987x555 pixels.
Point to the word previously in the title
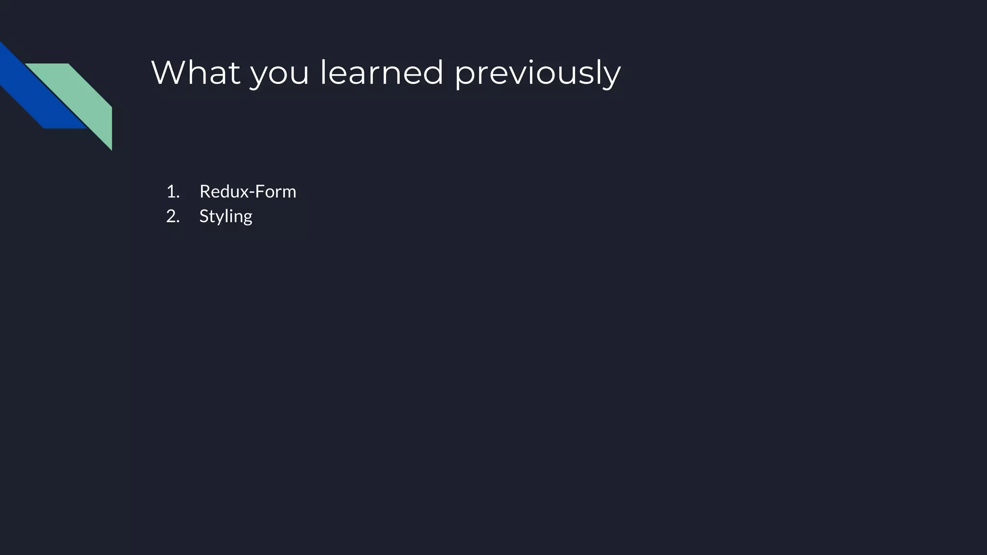[x=537, y=75]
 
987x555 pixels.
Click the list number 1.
[x=172, y=192]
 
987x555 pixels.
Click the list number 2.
[x=172, y=216]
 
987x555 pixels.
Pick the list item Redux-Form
[x=248, y=192]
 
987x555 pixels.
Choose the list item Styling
[x=226, y=216]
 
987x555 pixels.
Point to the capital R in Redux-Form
[x=205, y=192]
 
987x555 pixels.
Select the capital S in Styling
[x=204, y=216]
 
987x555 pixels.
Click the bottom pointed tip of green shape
[x=111, y=148]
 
